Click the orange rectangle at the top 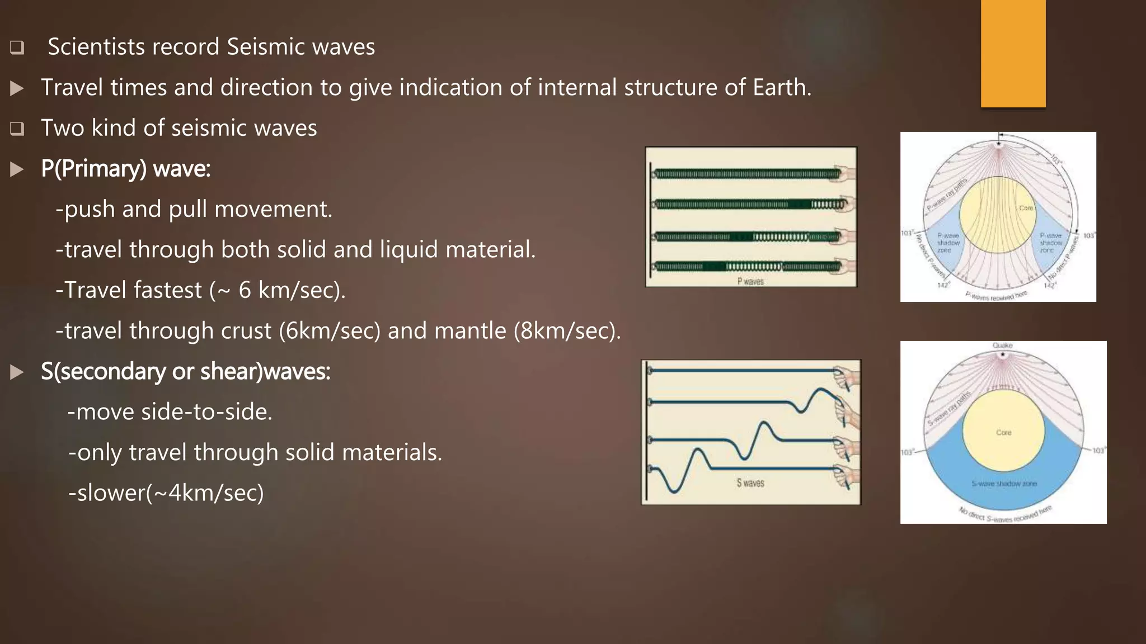pyautogui.click(x=1013, y=53)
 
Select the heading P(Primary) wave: pyautogui.click(x=126, y=168)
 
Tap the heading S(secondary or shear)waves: pyautogui.click(x=186, y=371)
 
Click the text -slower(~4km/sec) pyautogui.click(x=166, y=493)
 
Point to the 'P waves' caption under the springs pyautogui.click(x=750, y=281)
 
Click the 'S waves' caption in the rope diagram pyautogui.click(x=750, y=483)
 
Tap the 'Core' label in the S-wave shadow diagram pyautogui.click(x=1004, y=433)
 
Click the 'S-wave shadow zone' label pyautogui.click(x=1004, y=484)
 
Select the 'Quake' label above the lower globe pyautogui.click(x=1002, y=345)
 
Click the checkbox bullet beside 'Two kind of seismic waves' pyautogui.click(x=17, y=129)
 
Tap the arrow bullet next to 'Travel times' pyautogui.click(x=17, y=88)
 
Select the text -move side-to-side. pyautogui.click(x=170, y=412)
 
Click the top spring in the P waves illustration pyautogui.click(x=747, y=174)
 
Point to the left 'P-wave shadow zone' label pyautogui.click(x=948, y=243)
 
